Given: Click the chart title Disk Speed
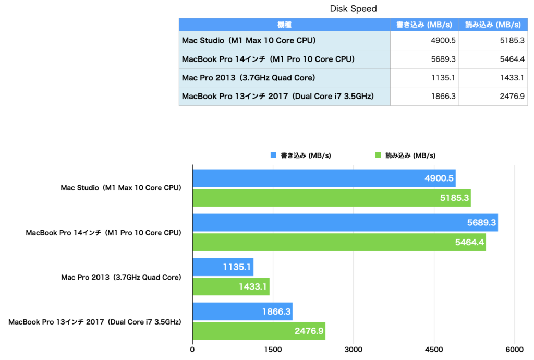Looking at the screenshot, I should (353, 9).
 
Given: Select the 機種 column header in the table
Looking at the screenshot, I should (284, 25).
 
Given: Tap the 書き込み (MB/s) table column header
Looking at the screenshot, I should (424, 25).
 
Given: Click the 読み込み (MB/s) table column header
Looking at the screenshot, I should (493, 25).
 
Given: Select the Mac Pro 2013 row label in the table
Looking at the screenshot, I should (249, 78).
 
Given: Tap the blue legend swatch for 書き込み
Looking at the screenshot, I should (273, 155).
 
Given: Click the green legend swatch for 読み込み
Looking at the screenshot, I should (378, 155).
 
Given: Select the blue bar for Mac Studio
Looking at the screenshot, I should (324, 178).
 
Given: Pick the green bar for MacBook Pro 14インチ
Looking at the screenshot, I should (339, 242).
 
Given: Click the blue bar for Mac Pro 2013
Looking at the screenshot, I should (223, 267).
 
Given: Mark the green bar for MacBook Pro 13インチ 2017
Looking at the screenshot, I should (259, 331).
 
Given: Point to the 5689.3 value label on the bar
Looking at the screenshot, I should (481, 223).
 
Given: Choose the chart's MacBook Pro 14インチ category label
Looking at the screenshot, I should (103, 233).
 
